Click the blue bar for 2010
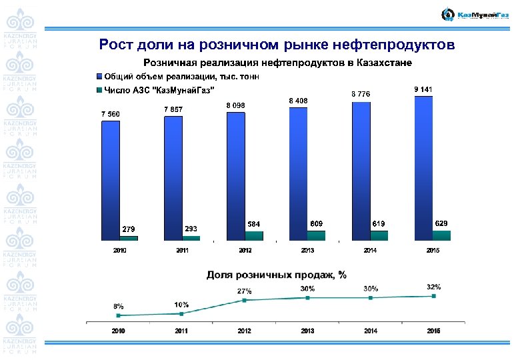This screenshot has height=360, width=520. [110, 179]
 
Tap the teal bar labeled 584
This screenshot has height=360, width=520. [254, 235]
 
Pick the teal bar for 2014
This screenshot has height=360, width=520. [379, 235]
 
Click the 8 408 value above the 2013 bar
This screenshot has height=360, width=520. [298, 100]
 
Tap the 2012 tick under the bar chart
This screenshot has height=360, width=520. [245, 251]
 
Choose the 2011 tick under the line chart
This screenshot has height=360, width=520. [181, 331]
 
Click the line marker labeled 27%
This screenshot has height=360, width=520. [245, 300]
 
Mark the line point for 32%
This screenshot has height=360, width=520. [433, 296]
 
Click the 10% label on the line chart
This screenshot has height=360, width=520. [181, 304]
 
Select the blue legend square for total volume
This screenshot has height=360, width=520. [99, 76]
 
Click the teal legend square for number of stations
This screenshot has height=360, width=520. [99, 89]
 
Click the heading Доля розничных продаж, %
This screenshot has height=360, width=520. [276, 275]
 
